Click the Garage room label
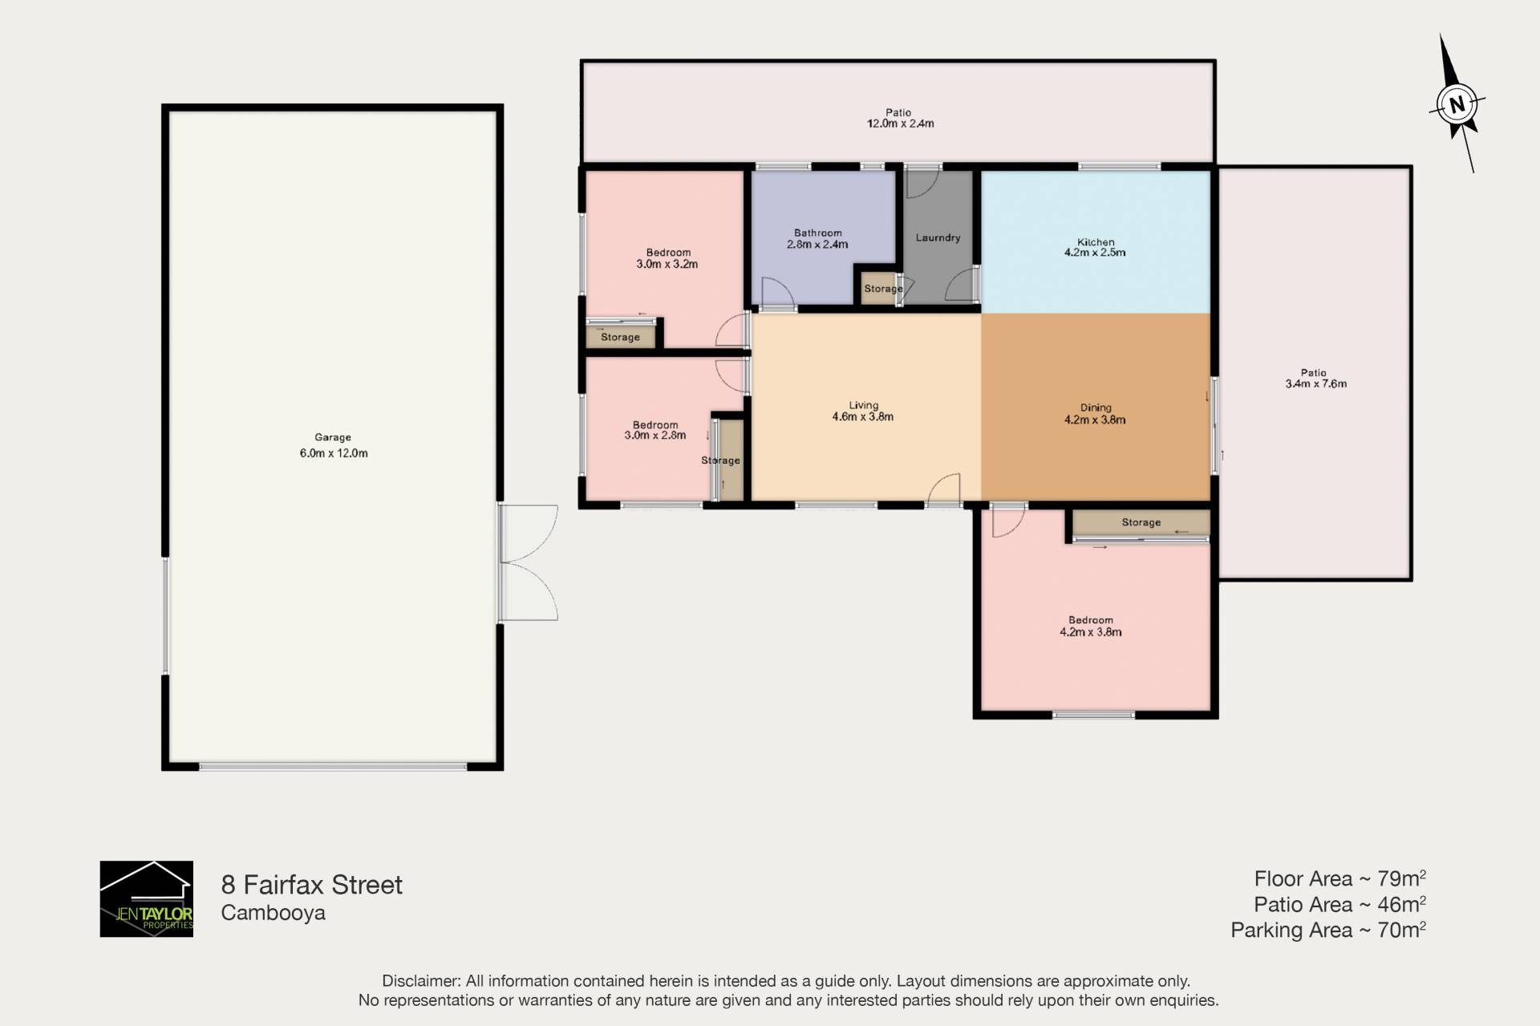[x=333, y=437]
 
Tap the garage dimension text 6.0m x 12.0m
[x=334, y=453]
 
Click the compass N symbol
[x=1457, y=104]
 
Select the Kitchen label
[x=1096, y=241]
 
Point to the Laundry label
[x=938, y=237]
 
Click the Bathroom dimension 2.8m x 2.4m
[x=817, y=245]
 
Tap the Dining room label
[x=1096, y=408]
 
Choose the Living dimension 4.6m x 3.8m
[x=863, y=417]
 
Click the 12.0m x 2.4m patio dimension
[x=900, y=124]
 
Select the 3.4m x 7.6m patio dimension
[x=1316, y=383]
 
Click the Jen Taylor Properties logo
[x=147, y=898]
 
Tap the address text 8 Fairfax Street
[x=311, y=885]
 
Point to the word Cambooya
[x=274, y=913]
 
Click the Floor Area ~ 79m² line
[x=1339, y=879]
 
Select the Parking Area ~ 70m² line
[x=1328, y=931]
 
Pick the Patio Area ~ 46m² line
[x=1339, y=905]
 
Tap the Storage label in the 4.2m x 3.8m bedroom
[x=1141, y=522]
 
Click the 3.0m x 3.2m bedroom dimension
[x=667, y=264]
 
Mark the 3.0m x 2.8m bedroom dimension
[x=655, y=436]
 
